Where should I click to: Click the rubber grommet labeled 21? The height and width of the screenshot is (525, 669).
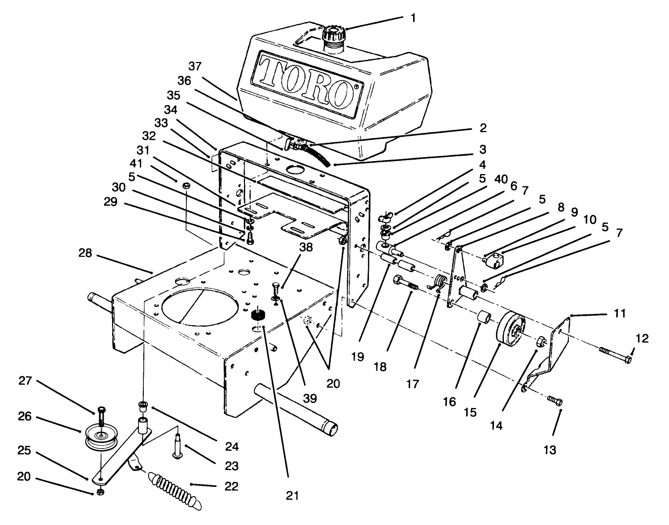(x=258, y=315)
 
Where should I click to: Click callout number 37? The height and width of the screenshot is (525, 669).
(x=195, y=66)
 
